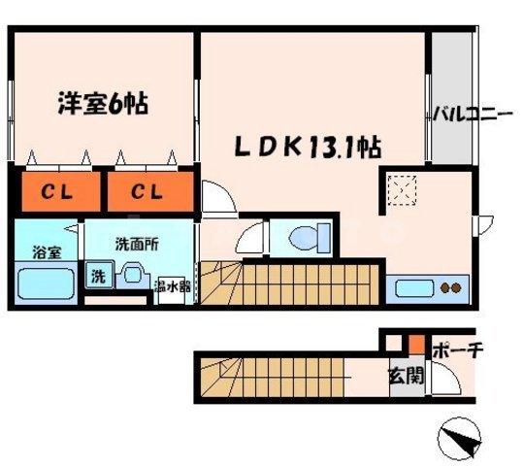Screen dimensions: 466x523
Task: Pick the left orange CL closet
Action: [x=58, y=191]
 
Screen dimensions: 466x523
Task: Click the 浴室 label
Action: [x=46, y=251]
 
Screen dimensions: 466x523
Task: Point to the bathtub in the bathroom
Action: [x=46, y=283]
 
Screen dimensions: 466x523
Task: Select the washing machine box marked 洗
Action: [x=98, y=276]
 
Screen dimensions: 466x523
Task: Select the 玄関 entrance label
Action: [x=405, y=375]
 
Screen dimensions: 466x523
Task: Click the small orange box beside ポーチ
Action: [x=415, y=344]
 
